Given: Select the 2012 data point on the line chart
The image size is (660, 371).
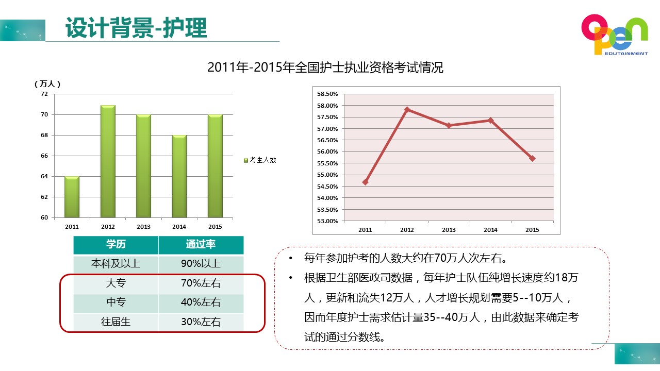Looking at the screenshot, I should coord(407,109).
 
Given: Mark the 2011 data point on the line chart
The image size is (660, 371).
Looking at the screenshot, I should coord(366,182).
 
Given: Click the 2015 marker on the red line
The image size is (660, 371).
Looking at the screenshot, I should coord(532,158).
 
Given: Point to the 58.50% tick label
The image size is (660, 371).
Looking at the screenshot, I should coord(327,94).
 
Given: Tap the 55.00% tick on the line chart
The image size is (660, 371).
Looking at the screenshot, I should coord(327,175).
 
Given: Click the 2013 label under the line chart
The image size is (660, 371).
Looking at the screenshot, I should coord(449,230).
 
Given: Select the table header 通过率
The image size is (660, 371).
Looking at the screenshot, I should coord(201,244).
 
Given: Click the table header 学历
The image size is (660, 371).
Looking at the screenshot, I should coord(115,244).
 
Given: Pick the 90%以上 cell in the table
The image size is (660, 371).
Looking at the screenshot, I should coord(201,263).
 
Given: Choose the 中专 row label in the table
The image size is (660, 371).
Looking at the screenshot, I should coord(115,302).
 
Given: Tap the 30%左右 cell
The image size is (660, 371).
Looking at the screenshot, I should coord(201,322).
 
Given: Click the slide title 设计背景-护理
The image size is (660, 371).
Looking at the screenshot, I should coord(136,28).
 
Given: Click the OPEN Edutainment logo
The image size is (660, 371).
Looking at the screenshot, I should coord(614,35).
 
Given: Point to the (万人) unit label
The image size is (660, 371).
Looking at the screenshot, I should coord(47,83).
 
